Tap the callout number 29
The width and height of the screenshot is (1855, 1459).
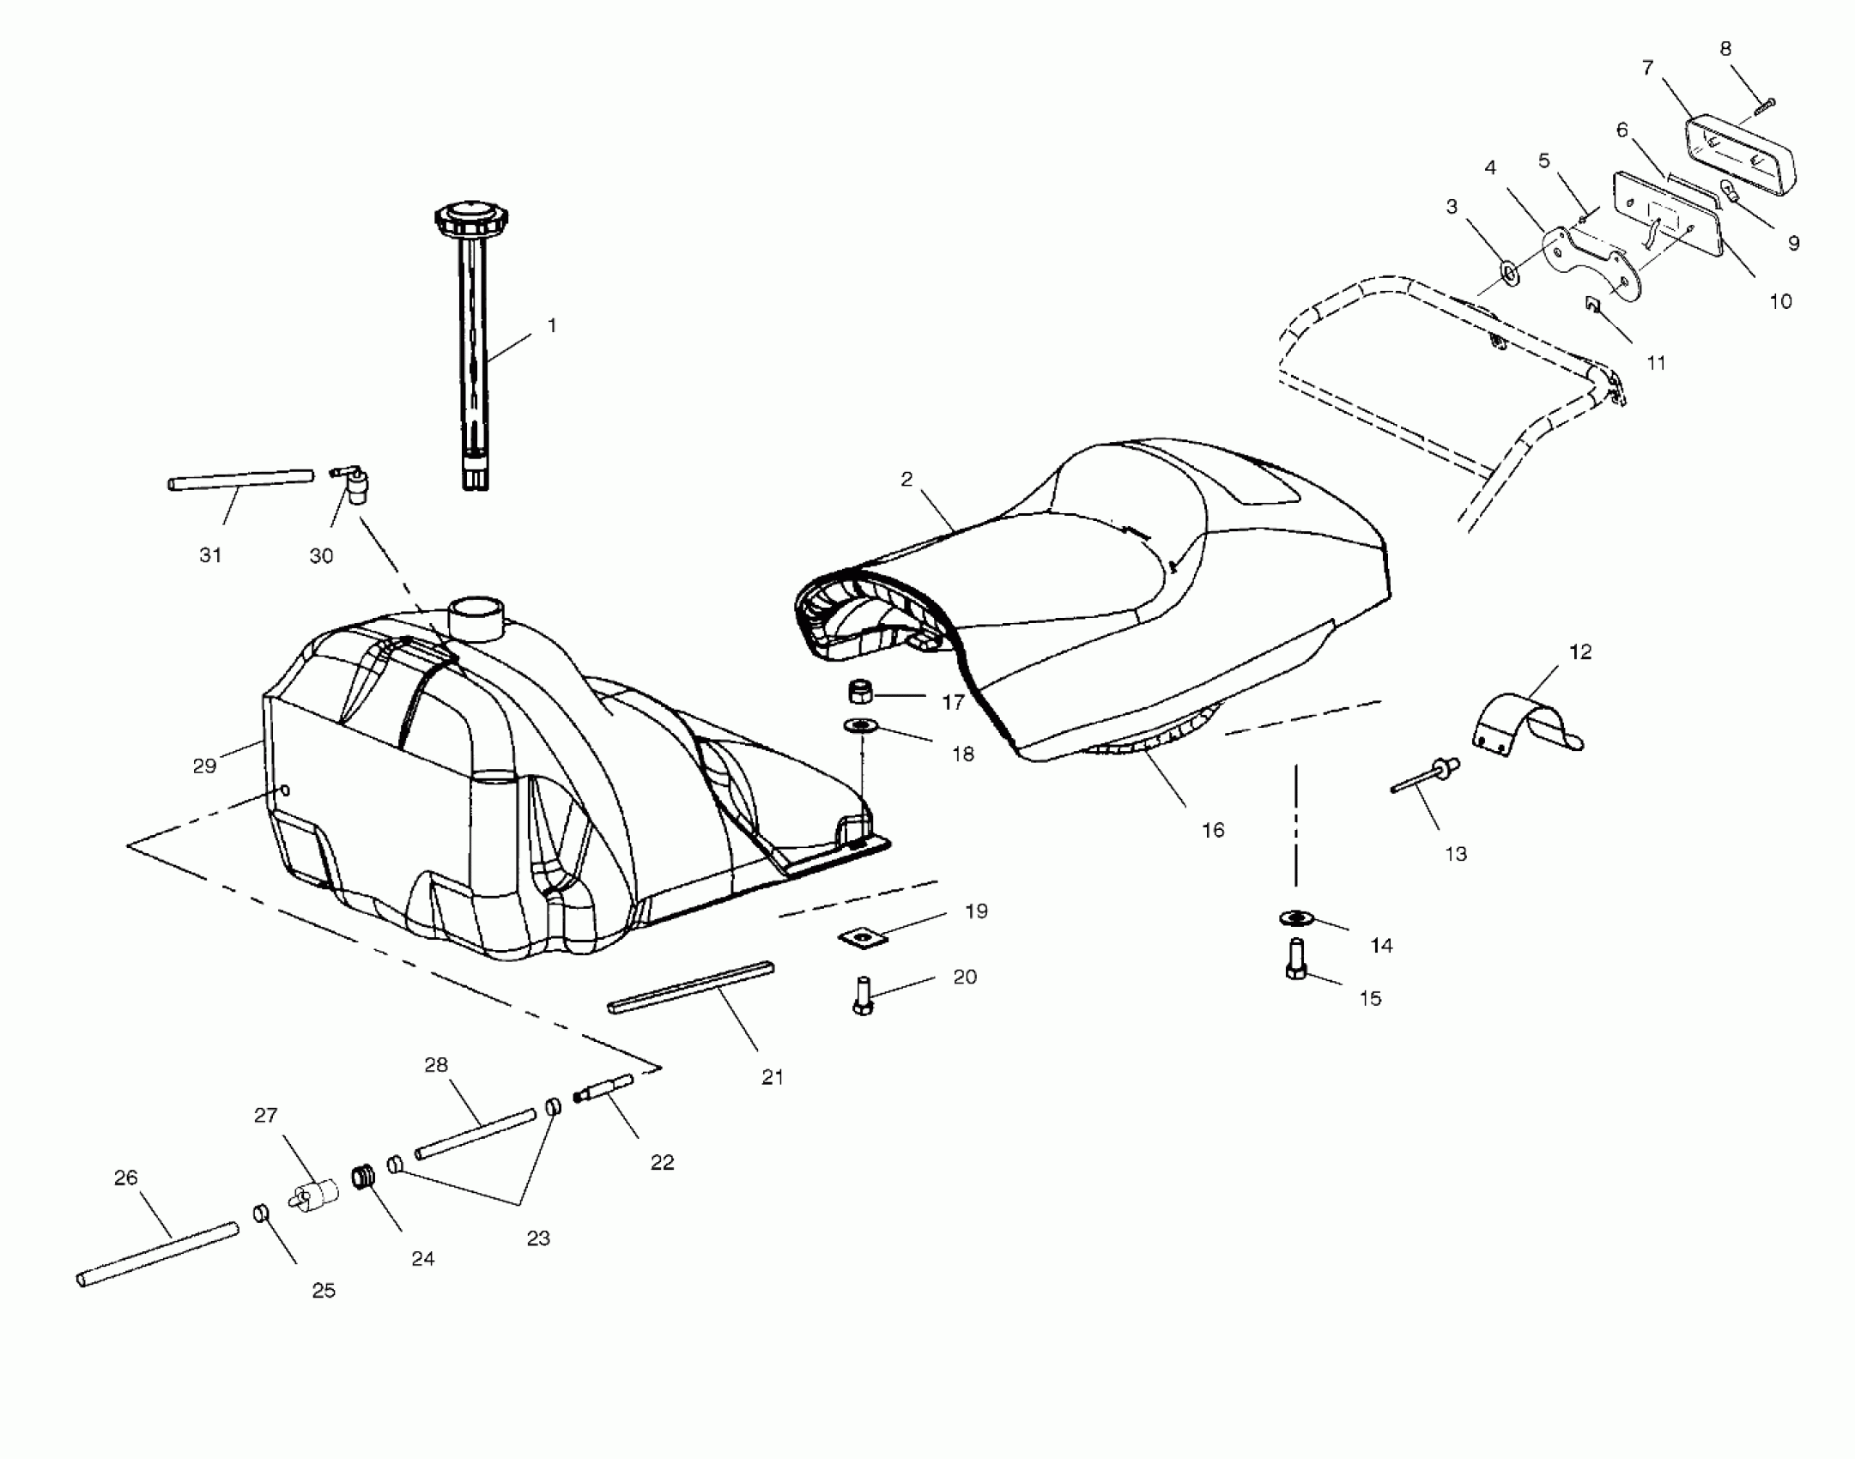(204, 766)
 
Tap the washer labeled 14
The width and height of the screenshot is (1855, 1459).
(1296, 918)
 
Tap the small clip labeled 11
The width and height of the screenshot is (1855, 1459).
(1593, 305)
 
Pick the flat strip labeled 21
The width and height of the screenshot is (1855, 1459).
(691, 988)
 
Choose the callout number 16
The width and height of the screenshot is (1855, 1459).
(1212, 830)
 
